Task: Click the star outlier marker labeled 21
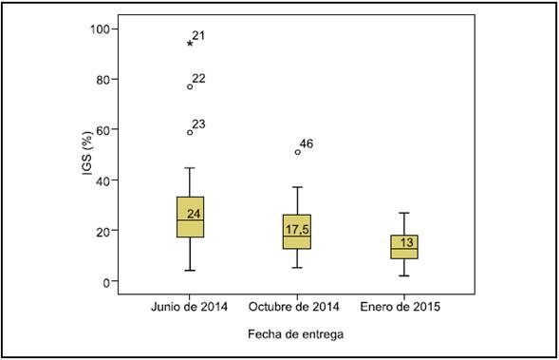click(x=190, y=44)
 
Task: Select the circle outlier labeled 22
click(x=190, y=86)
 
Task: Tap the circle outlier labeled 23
click(x=190, y=132)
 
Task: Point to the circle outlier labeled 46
click(x=297, y=152)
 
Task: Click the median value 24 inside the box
click(x=194, y=215)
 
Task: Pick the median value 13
click(x=406, y=243)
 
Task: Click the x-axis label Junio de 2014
click(x=190, y=307)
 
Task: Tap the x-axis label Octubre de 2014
click(x=295, y=307)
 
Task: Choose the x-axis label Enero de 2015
click(x=401, y=307)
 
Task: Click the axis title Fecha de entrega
click(x=295, y=334)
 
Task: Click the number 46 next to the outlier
click(x=307, y=144)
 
